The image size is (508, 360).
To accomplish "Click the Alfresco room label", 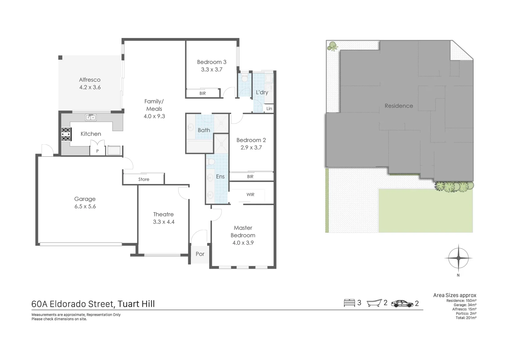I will click(x=90, y=80).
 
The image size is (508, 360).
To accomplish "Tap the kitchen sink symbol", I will click(x=91, y=117).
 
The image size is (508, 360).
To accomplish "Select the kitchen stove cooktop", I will click(x=66, y=134).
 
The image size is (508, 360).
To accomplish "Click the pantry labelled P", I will click(x=97, y=151).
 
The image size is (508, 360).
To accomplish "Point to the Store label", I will click(x=144, y=179).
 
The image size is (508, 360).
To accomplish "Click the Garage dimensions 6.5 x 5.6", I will click(x=85, y=207).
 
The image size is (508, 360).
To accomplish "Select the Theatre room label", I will click(x=163, y=214).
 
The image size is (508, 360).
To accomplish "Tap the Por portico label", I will click(x=200, y=254).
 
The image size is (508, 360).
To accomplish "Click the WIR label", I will click(x=251, y=195).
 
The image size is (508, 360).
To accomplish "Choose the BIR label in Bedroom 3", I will click(x=203, y=94).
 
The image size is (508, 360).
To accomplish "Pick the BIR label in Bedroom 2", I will click(x=250, y=177).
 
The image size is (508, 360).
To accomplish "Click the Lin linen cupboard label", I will click(x=269, y=109).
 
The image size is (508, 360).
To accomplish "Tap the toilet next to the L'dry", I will click(x=245, y=79).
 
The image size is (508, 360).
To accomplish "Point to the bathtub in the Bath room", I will click(x=199, y=147).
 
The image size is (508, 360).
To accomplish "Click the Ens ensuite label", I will click(x=220, y=177).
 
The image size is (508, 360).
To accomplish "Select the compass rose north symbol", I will click(x=458, y=258).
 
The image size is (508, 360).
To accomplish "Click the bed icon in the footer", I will click(x=349, y=303).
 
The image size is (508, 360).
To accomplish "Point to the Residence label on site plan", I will click(x=399, y=106).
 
